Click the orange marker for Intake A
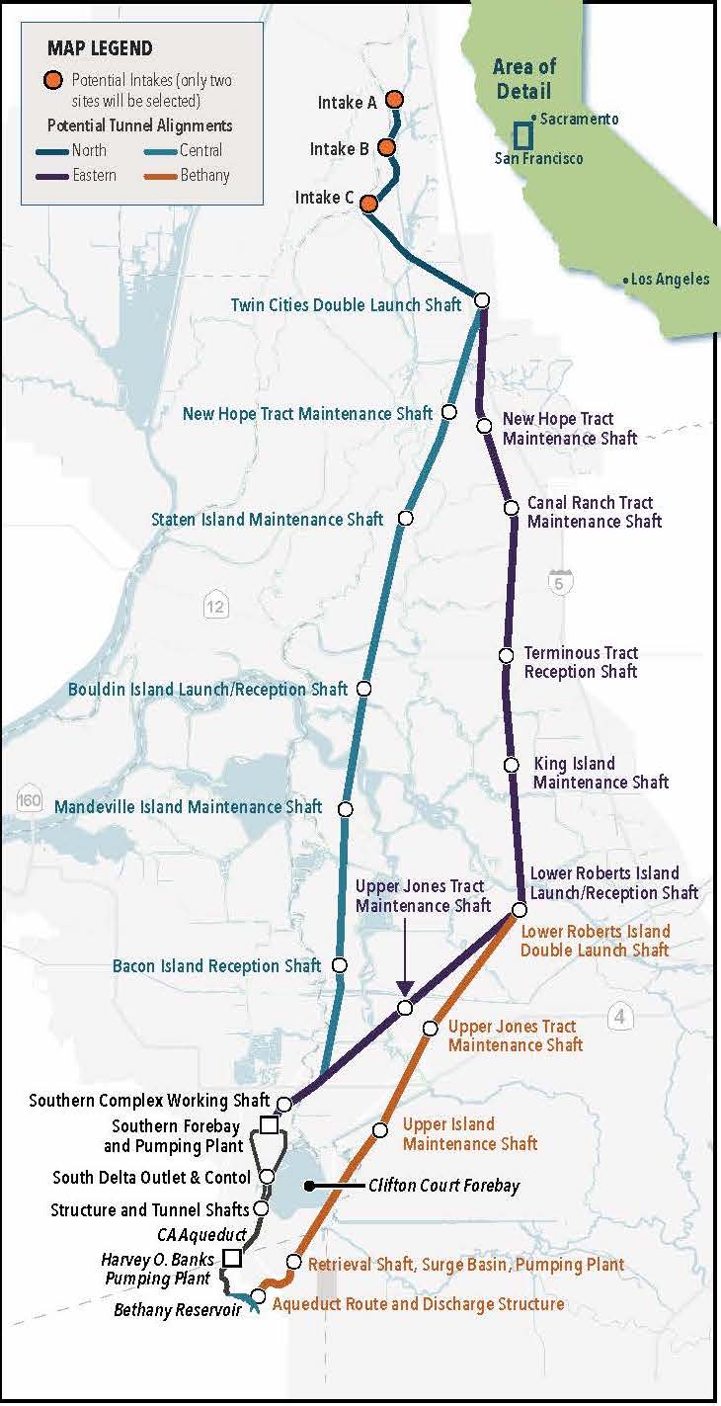pyautogui.click(x=393, y=100)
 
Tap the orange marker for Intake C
pyautogui.click(x=368, y=204)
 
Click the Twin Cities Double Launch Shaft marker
pyautogui.click(x=483, y=300)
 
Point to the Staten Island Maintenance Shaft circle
pyautogui.click(x=405, y=519)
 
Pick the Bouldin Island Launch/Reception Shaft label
pyautogui.click(x=207, y=689)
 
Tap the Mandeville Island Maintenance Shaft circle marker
pyautogui.click(x=345, y=809)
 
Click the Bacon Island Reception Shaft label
pyautogui.click(x=216, y=965)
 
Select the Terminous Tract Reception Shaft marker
pyautogui.click(x=506, y=655)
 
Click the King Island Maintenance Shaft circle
pyautogui.click(x=511, y=765)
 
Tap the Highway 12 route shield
pyautogui.click(x=215, y=606)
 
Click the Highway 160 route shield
pyautogui.click(x=29, y=798)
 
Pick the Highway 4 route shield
pyautogui.click(x=619, y=1016)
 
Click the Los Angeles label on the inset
pyautogui.click(x=670, y=280)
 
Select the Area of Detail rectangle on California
pyautogui.click(x=522, y=135)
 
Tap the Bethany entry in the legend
pyautogui.click(x=204, y=175)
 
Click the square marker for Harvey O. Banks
pyautogui.click(x=232, y=1258)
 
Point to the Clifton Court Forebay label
pyautogui.click(x=443, y=1186)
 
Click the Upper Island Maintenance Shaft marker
pyautogui.click(x=379, y=1130)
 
